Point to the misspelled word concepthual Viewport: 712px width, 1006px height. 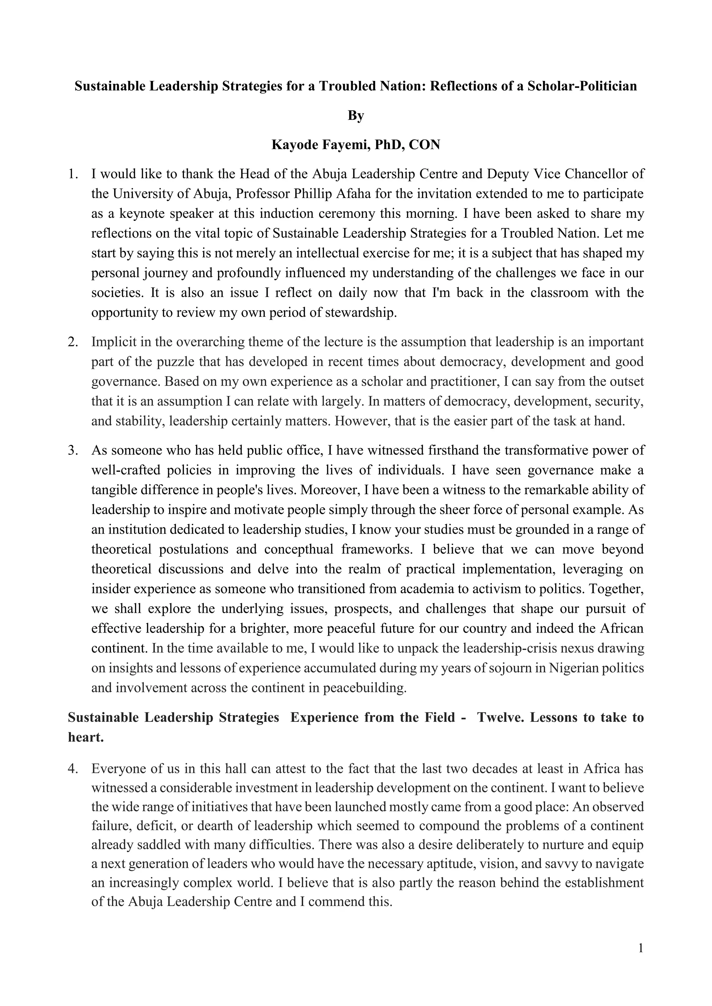(299, 550)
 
